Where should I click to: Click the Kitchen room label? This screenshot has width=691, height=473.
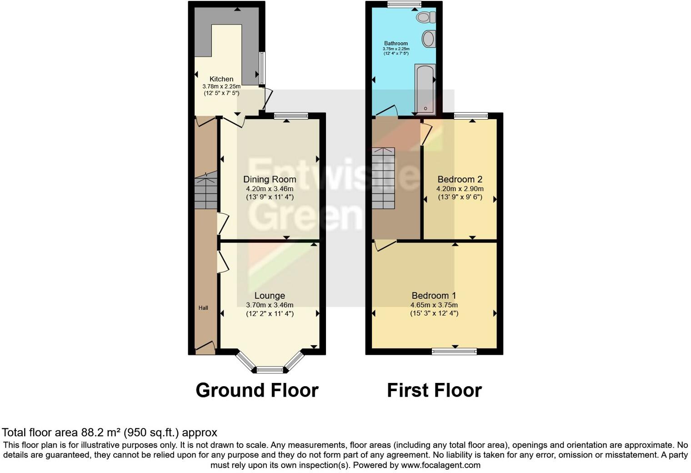tap(221, 79)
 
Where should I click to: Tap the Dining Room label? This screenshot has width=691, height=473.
tap(270, 179)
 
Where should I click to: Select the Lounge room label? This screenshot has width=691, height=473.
tap(270, 296)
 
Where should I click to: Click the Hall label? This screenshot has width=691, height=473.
tap(203, 308)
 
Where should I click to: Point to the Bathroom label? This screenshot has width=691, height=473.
tap(396, 44)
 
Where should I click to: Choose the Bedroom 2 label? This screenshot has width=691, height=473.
tap(460, 179)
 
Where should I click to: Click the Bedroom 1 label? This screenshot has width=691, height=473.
tap(434, 296)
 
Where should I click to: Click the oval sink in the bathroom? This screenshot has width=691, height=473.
tap(428, 39)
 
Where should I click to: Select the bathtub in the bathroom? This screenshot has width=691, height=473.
tap(425, 89)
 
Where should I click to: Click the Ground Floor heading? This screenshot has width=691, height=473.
tap(257, 390)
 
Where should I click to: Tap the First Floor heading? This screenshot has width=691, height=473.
tap(434, 390)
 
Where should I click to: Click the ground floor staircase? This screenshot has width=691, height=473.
tap(205, 193)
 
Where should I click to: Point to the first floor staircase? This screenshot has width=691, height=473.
tap(383, 178)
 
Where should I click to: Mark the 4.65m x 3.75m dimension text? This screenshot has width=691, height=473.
tap(434, 305)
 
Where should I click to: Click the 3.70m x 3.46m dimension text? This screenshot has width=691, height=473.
tap(270, 305)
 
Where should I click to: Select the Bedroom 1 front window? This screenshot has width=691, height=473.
tap(454, 351)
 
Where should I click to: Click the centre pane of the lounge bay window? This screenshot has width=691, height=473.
tap(270, 370)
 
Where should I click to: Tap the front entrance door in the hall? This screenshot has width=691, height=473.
tap(205, 348)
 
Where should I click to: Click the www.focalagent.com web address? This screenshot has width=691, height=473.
tap(441, 465)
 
